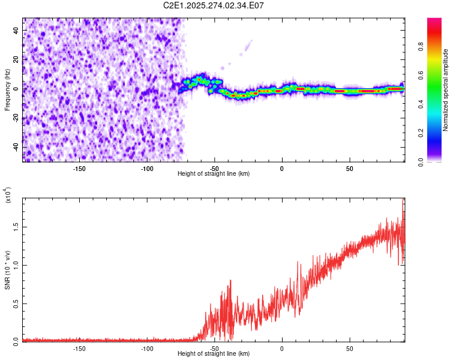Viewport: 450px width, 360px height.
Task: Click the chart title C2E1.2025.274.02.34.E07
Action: pos(214,5)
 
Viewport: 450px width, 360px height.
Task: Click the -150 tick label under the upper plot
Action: pos(79,169)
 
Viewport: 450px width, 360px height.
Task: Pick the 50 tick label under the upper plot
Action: pos(349,169)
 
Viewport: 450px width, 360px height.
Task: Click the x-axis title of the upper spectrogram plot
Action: pos(214,174)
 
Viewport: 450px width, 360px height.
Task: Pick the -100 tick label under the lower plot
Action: pos(147,349)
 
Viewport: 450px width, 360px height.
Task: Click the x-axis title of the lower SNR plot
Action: pos(214,354)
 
